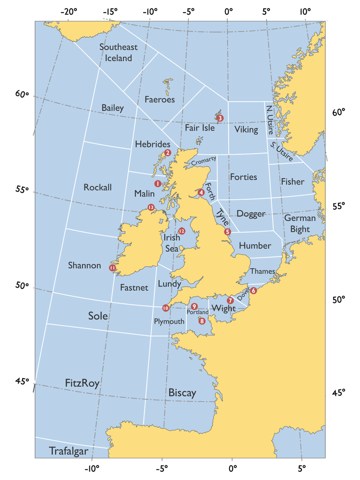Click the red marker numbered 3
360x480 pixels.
point(220,118)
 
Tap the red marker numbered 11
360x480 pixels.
point(112,268)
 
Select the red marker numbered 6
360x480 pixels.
point(253,291)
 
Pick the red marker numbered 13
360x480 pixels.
point(151,207)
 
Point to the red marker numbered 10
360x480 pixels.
point(166,308)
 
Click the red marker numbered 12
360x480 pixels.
point(181,231)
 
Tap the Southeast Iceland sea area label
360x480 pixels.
point(118,52)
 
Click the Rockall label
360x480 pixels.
point(98,187)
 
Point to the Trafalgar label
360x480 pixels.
point(68,451)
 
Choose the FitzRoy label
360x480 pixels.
point(82,383)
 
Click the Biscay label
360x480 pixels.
point(182,393)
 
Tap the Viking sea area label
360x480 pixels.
point(246,130)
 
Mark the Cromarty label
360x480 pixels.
point(204,161)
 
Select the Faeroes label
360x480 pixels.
point(160,99)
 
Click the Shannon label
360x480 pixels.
point(85,265)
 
